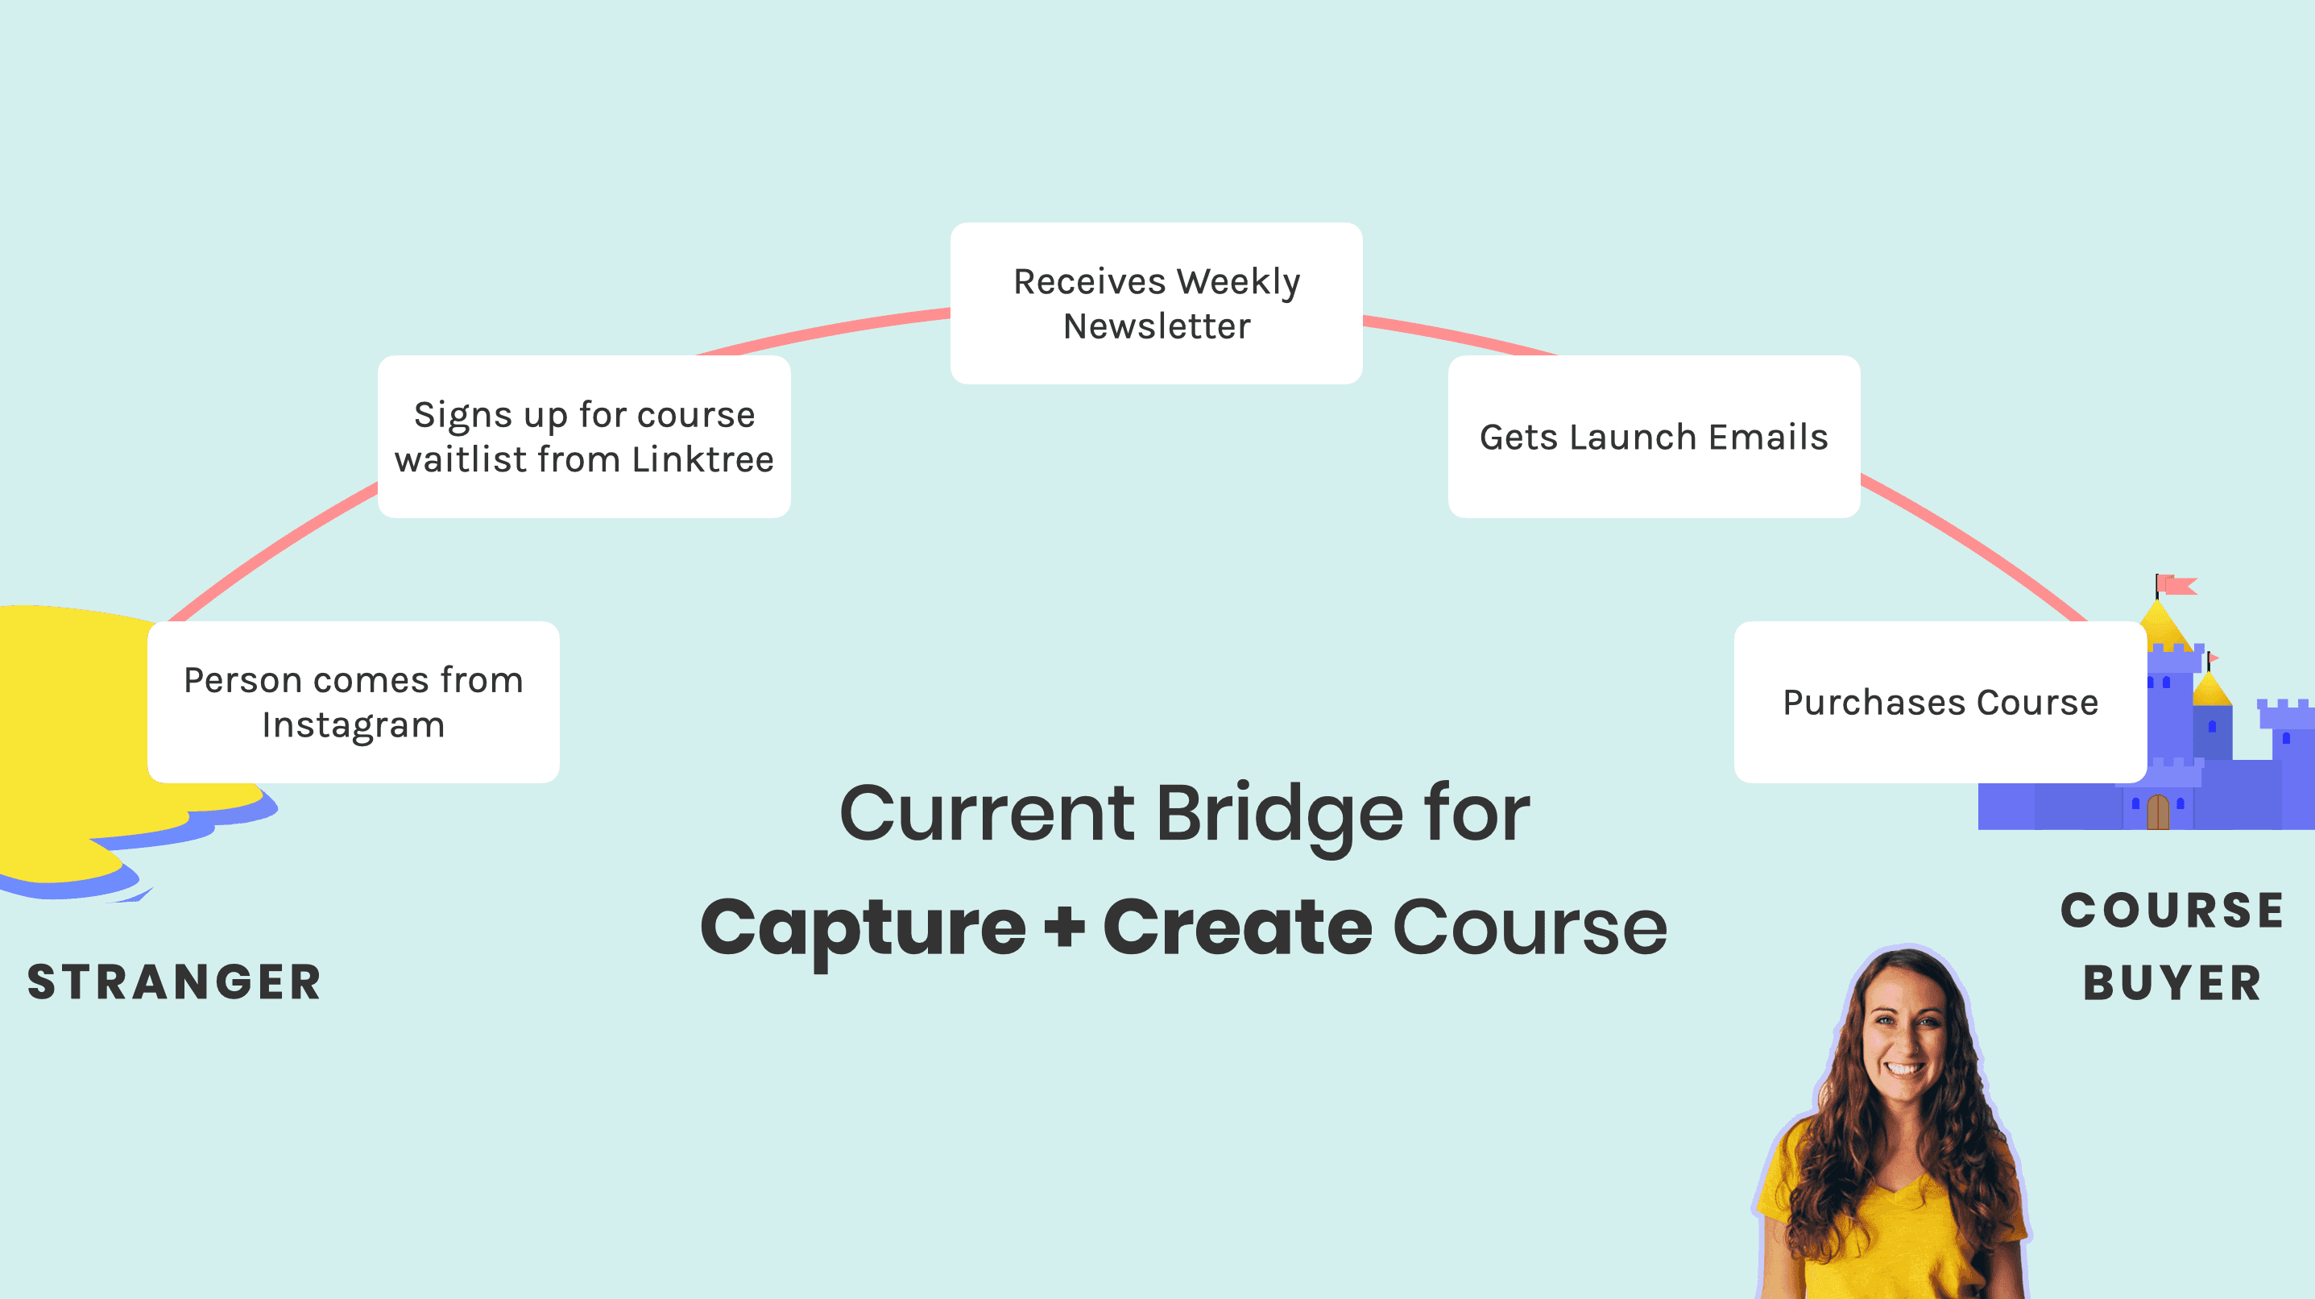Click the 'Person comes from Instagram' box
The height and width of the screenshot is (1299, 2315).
tap(353, 702)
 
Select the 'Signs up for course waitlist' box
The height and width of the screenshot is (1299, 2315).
tap(584, 437)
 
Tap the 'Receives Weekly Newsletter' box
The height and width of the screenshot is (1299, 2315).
tap(1157, 304)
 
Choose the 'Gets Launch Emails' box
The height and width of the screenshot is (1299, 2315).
tap(1654, 437)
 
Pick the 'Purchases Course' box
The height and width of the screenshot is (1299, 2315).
tap(1940, 702)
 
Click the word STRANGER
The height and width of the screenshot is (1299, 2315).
tap(174, 982)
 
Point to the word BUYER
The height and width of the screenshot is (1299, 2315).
tap(2172, 982)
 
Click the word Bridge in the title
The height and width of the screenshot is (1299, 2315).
tap(1279, 815)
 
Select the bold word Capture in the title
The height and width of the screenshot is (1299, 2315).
tap(863, 928)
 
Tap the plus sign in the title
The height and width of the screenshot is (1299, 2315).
tap(1065, 928)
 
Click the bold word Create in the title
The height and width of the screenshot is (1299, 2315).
tap(1237, 928)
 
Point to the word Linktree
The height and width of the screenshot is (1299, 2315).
tap(702, 459)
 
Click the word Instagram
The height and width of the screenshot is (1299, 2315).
tap(353, 724)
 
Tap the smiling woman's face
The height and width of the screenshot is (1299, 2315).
tap(1903, 1034)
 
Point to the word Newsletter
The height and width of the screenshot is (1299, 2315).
tap(1157, 326)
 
